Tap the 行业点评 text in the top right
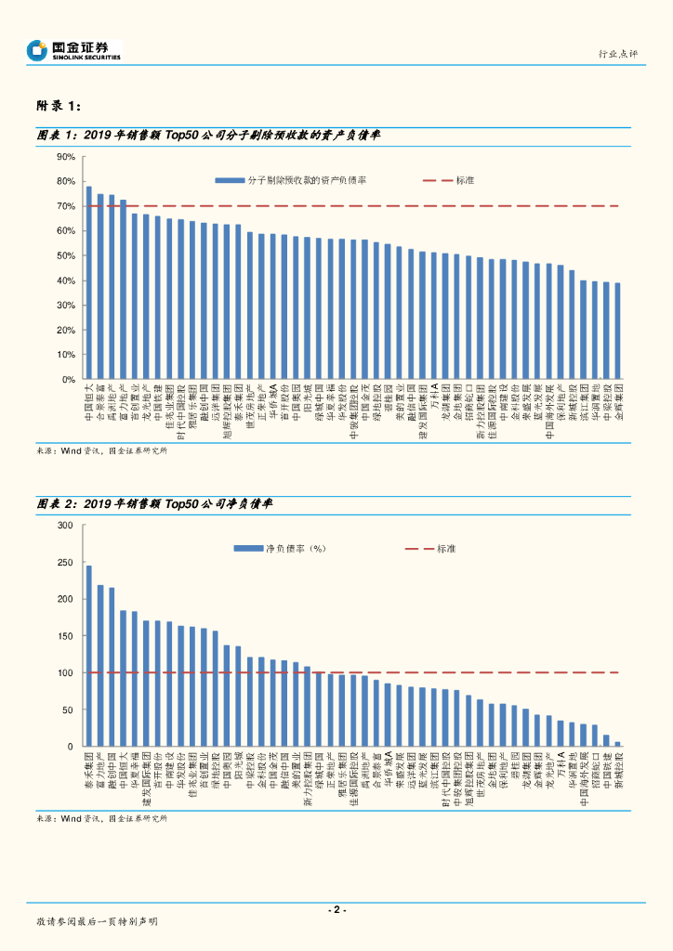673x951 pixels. (x=617, y=55)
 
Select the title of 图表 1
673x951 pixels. (x=208, y=135)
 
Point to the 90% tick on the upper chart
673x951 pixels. (x=65, y=157)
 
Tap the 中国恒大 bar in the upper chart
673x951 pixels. (x=89, y=282)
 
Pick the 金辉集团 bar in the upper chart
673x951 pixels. (x=617, y=331)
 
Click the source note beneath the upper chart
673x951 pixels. (x=102, y=451)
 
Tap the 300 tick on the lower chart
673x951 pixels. (x=65, y=526)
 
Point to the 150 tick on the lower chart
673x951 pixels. (x=65, y=636)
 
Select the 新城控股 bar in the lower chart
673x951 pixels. (x=617, y=744)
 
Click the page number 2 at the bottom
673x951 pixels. (x=337, y=910)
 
